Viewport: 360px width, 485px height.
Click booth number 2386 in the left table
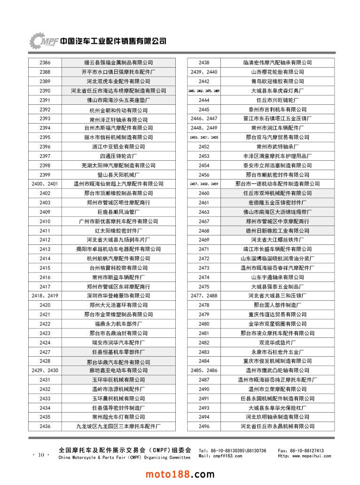pyautogui.click(x=45, y=63)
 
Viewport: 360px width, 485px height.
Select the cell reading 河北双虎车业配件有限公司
pyautogui.click(x=118, y=81)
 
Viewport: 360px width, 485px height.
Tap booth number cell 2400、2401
pyautogui.click(x=45, y=184)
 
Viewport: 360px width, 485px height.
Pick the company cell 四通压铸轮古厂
pyautogui.click(x=118, y=156)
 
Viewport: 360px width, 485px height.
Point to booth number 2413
pyautogui.click(x=45, y=249)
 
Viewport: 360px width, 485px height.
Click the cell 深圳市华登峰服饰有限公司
pyautogui.click(x=118, y=296)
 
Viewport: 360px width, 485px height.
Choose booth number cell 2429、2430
pyautogui.click(x=45, y=370)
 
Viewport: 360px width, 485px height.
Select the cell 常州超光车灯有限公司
pyautogui.click(x=118, y=417)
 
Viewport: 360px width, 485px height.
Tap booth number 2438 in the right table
pyautogui.click(x=204, y=63)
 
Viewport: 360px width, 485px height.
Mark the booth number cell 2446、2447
pyautogui.click(x=204, y=118)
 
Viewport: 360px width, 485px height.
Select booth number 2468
pyautogui.click(x=204, y=231)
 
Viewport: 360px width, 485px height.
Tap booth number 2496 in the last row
pyautogui.click(x=204, y=426)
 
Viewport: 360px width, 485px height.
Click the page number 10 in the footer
pyautogui.click(x=41, y=454)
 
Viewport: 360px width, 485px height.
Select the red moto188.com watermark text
pyautogui.click(x=180, y=475)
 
